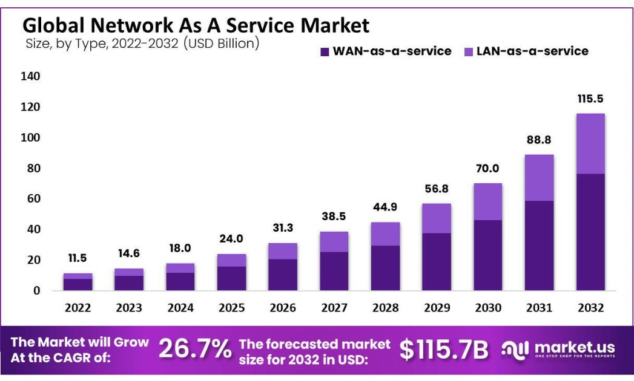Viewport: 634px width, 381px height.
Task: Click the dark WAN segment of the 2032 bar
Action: click(x=590, y=232)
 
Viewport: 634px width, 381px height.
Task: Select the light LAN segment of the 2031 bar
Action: click(x=539, y=178)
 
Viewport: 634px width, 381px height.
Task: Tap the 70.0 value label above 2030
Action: click(x=487, y=169)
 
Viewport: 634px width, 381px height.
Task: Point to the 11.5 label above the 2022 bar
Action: click(x=78, y=258)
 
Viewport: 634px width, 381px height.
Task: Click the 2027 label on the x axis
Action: click(x=334, y=308)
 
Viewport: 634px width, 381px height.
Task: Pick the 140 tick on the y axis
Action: click(x=30, y=76)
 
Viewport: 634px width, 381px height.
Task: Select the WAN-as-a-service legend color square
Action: click(x=325, y=52)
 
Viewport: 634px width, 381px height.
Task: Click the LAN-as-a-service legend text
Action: click(x=532, y=51)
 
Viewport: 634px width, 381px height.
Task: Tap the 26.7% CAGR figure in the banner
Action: click(x=195, y=349)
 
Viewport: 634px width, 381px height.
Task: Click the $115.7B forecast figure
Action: click(x=443, y=350)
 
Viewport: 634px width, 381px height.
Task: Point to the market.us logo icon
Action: click(x=515, y=350)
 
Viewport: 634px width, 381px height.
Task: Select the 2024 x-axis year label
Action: click(x=180, y=308)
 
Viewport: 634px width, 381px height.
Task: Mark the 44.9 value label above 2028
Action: click(x=385, y=207)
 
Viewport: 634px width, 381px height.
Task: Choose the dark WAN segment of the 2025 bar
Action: click(x=231, y=278)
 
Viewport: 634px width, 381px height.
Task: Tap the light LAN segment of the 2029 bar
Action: click(x=436, y=218)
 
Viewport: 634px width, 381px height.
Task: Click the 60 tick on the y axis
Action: click(x=33, y=198)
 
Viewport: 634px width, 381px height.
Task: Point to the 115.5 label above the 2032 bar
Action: click(x=590, y=99)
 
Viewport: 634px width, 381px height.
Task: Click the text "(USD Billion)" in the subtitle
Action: click(x=221, y=44)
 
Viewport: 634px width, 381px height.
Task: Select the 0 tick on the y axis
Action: click(x=37, y=290)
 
